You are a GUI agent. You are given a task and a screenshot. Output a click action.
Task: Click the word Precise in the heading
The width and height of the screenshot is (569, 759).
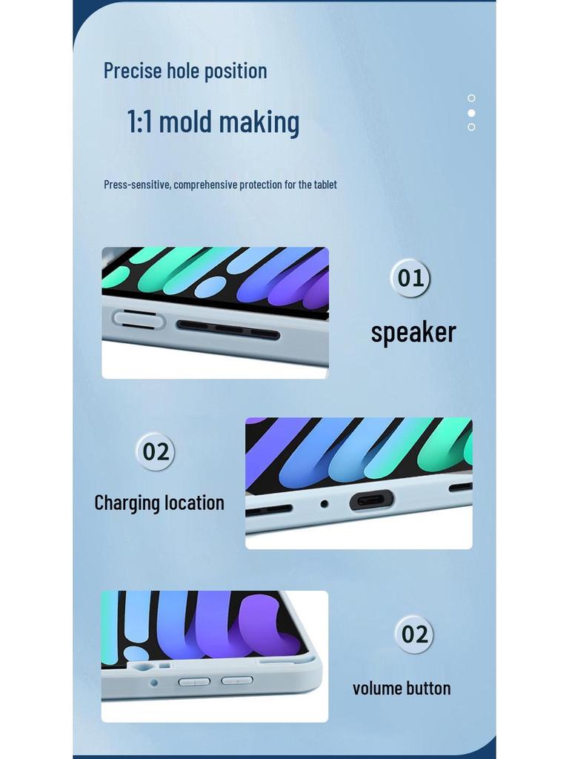click(132, 71)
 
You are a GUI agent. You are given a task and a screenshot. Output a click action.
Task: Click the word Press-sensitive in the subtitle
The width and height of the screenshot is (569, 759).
click(136, 185)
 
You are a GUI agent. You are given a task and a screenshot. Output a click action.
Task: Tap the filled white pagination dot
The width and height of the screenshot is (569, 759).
click(471, 113)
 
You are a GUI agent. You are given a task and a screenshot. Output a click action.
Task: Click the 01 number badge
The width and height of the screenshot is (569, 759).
click(410, 278)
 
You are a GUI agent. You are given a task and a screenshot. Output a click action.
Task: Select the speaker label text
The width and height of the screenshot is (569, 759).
click(413, 332)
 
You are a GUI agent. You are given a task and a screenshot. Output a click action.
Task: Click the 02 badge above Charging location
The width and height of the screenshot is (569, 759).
click(156, 451)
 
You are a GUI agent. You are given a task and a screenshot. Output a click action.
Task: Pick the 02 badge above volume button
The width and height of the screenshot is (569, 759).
click(414, 634)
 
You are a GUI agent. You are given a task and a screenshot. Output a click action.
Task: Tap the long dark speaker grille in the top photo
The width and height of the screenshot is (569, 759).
click(227, 329)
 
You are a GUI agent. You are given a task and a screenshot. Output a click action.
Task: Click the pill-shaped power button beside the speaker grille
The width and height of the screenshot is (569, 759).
click(139, 319)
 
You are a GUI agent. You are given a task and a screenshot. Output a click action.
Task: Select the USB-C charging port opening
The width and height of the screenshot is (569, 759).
click(370, 500)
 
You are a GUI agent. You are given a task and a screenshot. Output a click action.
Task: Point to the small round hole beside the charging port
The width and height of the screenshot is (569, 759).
click(324, 504)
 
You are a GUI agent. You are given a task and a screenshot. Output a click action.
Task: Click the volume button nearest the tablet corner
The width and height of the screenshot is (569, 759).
click(237, 680)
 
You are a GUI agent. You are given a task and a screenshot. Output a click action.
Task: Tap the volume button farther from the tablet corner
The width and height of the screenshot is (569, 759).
click(194, 681)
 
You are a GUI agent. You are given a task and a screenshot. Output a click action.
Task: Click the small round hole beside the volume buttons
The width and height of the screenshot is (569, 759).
click(153, 682)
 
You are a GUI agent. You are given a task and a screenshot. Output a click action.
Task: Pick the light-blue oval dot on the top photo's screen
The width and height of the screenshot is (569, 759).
click(210, 287)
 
